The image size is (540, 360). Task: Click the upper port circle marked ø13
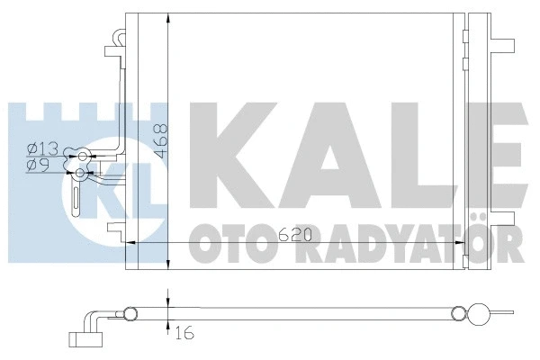84,155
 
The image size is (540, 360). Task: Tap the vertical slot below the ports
76,196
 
